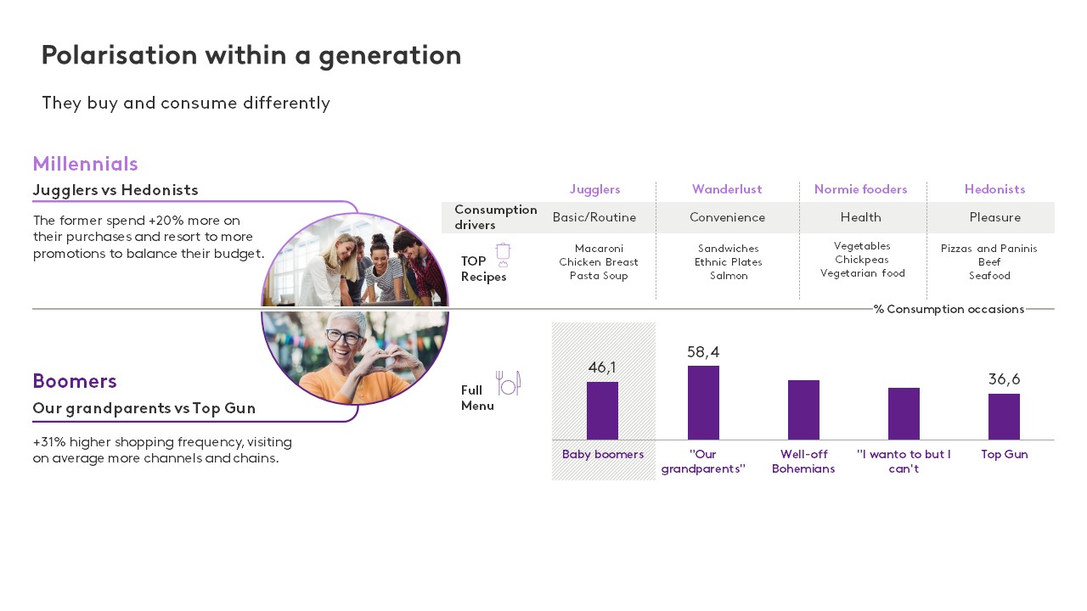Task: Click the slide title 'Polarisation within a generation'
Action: point(251,56)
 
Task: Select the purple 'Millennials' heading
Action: point(85,164)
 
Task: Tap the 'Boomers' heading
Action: point(75,381)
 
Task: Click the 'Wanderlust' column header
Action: point(727,189)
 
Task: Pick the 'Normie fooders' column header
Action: point(860,189)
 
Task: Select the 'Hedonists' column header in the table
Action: point(994,189)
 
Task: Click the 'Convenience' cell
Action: point(727,218)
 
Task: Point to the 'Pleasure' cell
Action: point(994,218)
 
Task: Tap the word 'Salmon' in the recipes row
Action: point(729,277)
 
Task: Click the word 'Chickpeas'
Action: point(862,260)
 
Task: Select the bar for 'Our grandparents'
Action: point(703,402)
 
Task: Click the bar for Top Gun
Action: point(1004,417)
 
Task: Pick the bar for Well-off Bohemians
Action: point(803,410)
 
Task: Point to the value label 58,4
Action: point(703,352)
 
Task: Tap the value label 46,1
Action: point(602,367)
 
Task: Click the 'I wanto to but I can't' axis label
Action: point(904,462)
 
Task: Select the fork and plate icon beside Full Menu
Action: point(508,384)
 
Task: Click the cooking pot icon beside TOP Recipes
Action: point(503,255)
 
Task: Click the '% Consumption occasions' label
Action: point(949,310)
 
